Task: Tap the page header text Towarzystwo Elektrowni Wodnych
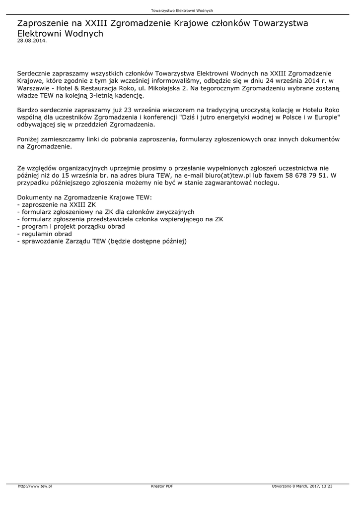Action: coord(182,10)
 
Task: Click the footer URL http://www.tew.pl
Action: coord(35,486)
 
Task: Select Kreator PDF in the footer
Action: coord(162,486)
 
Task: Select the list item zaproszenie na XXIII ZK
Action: coord(57,204)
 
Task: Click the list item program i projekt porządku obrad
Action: coord(71,226)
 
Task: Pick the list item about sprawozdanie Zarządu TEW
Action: coord(102,241)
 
